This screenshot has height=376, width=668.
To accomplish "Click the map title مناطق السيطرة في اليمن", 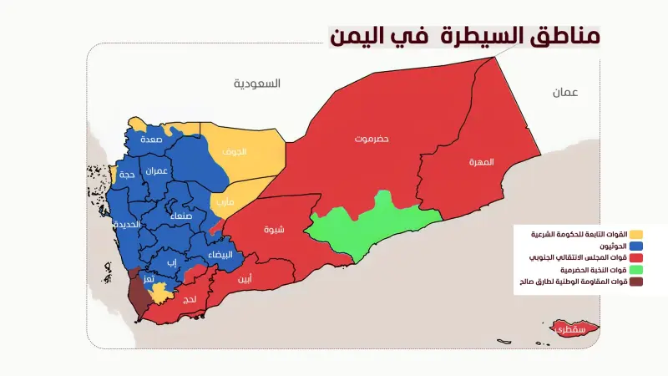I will [x=463, y=36].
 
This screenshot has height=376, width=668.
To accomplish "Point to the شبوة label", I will [x=273, y=230].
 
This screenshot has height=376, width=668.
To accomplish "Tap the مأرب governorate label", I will [x=225, y=201].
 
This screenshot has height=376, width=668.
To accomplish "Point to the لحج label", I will [x=189, y=298].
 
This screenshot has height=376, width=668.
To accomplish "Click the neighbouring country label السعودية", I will [x=257, y=84].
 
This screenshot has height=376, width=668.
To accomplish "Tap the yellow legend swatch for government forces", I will [x=636, y=234].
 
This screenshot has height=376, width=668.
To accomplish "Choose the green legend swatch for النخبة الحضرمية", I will [x=636, y=270].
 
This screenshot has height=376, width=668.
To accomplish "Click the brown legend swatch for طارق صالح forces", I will [x=636, y=282].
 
